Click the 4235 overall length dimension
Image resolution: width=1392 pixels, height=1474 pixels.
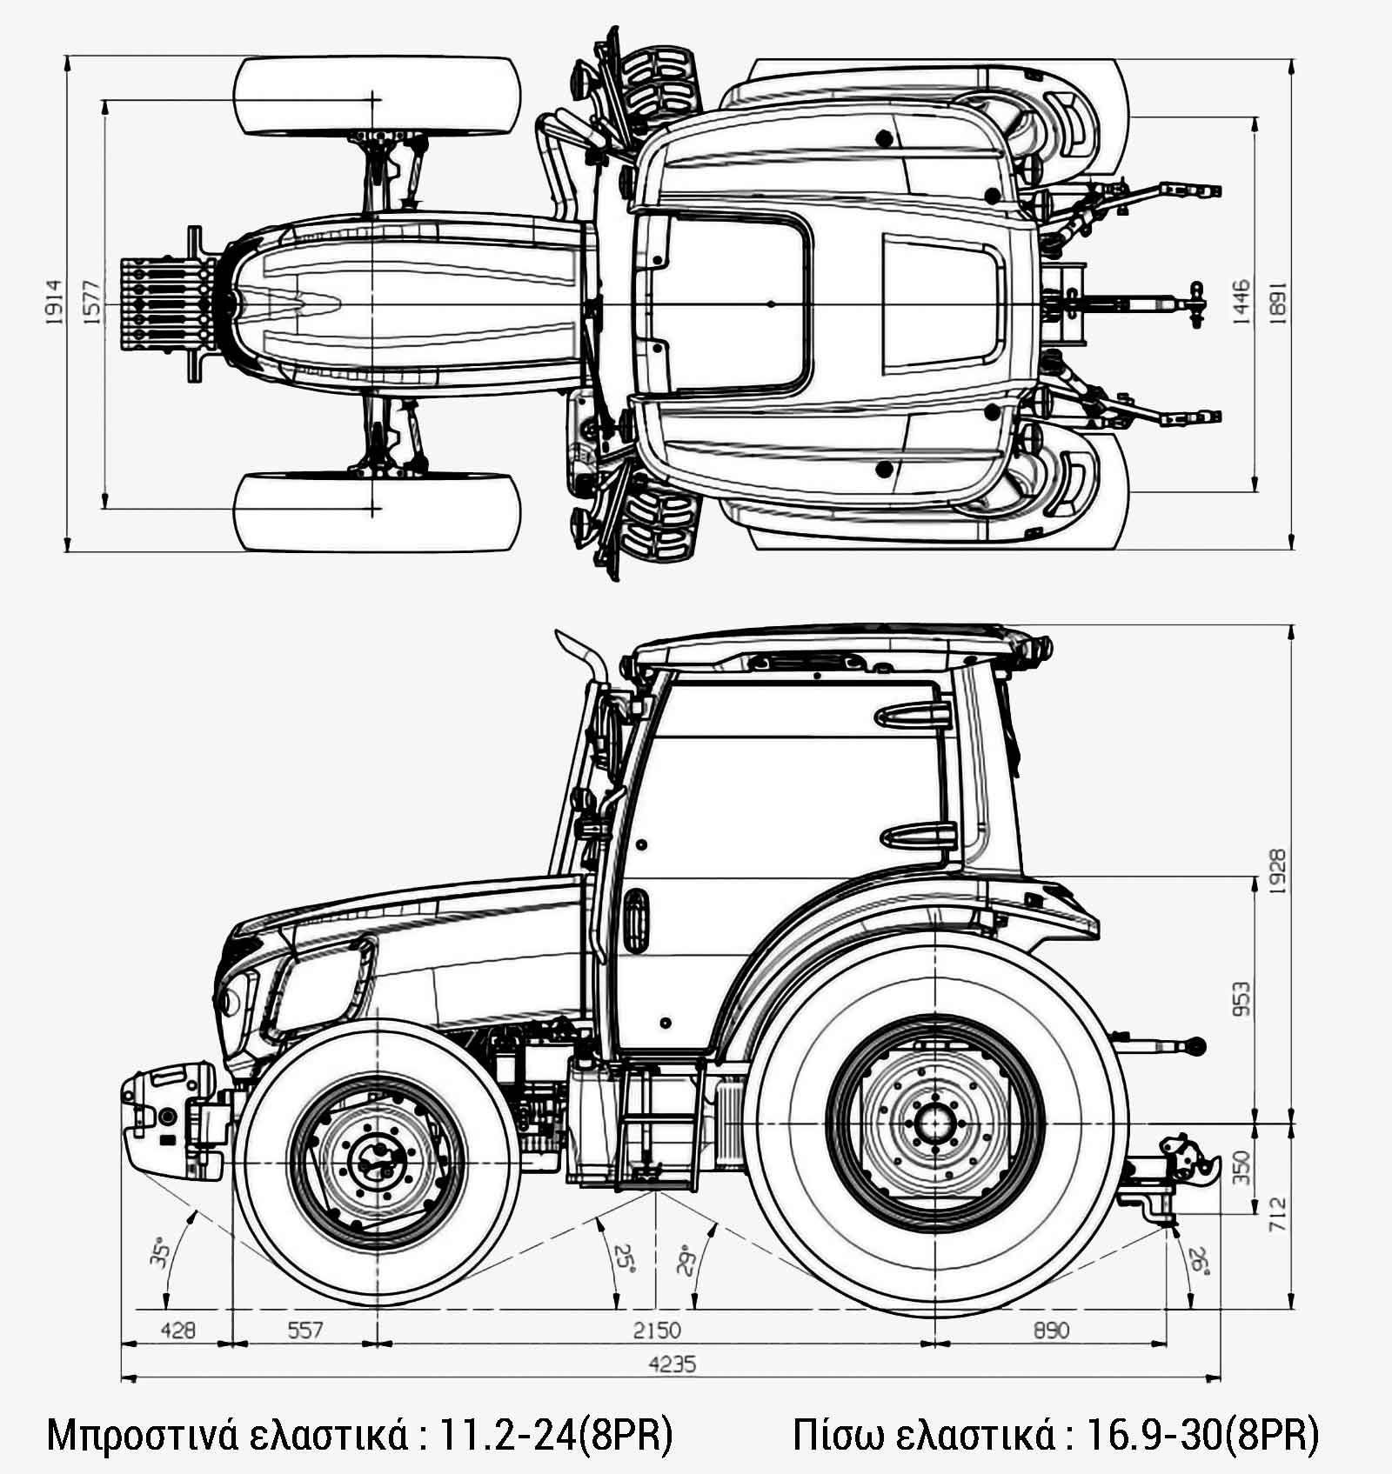pos(673,1364)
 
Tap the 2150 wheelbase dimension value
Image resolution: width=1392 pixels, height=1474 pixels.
pos(657,1331)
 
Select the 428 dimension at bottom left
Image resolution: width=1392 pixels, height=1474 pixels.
pos(177,1331)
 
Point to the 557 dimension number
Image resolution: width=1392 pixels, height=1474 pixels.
pos(305,1331)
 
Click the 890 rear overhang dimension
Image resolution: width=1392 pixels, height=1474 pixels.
pos(1051,1331)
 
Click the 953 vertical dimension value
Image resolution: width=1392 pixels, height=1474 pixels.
pos(1241,999)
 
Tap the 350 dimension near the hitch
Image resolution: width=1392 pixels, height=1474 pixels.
pos(1241,1168)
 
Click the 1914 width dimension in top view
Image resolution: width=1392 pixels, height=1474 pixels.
pos(54,302)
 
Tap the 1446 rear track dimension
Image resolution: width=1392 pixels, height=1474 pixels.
pos(1241,302)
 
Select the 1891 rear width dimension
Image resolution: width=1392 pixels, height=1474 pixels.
pos(1278,302)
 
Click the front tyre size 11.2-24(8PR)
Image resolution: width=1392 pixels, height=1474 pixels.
pos(557,1435)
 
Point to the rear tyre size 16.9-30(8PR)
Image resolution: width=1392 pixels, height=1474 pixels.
pos(1202,1435)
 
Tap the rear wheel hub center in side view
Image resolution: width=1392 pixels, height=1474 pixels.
pos(935,1123)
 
